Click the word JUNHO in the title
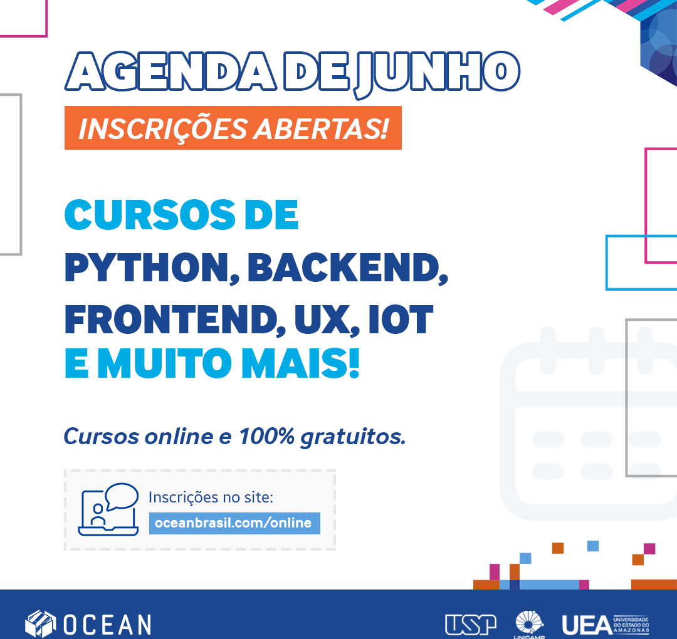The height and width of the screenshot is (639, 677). pyautogui.click(x=437, y=73)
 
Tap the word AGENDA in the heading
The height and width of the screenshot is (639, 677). pyautogui.click(x=171, y=71)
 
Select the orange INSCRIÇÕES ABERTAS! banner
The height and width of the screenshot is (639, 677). pyautogui.click(x=233, y=128)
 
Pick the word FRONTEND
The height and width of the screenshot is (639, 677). pyautogui.click(x=175, y=319)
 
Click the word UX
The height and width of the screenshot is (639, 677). pyautogui.click(x=327, y=319)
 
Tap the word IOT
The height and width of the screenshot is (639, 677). pyautogui.click(x=401, y=319)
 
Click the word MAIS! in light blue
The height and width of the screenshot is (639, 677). pyautogui.click(x=300, y=363)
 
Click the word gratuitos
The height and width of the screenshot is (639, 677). pyautogui.click(x=353, y=437)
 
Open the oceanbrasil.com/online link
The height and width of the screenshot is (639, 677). pyautogui.click(x=234, y=523)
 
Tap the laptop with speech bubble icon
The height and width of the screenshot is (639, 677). pyautogui.click(x=108, y=509)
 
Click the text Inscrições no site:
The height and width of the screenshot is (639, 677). pyautogui.click(x=211, y=497)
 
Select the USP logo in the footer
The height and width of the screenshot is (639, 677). pyautogui.click(x=471, y=625)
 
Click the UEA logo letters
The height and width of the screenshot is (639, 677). pyautogui.click(x=587, y=625)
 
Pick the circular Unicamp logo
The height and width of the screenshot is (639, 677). pyautogui.click(x=529, y=623)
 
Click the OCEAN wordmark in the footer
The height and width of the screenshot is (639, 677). pyautogui.click(x=108, y=625)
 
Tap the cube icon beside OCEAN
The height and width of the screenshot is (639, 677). pyautogui.click(x=41, y=624)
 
